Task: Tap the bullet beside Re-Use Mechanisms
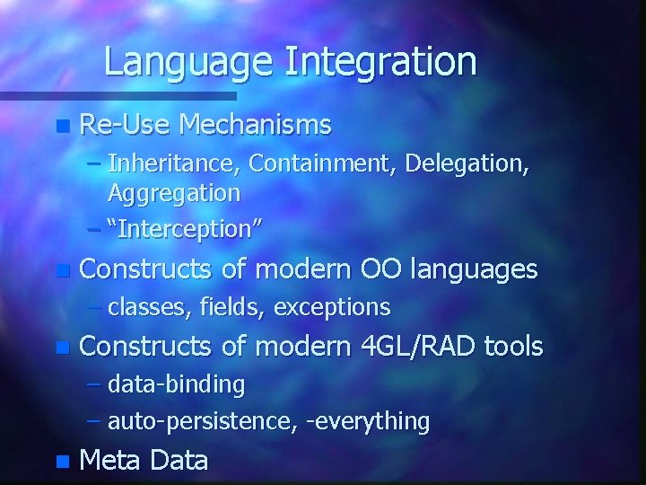[61, 127]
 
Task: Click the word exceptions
[332, 307]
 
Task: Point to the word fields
[231, 307]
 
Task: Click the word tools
[513, 346]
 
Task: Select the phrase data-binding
[176, 384]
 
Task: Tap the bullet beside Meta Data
[61, 463]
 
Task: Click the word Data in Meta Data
[179, 461]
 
